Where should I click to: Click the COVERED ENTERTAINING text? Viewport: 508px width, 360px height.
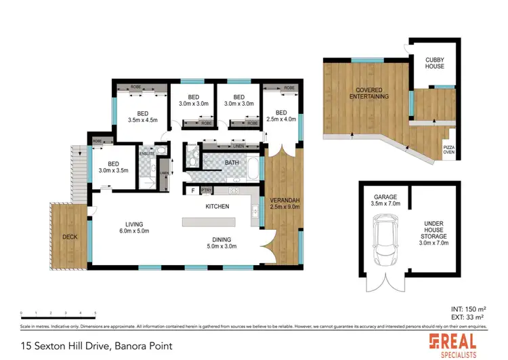coord(368,93)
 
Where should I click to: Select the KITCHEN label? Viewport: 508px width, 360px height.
coord(217,206)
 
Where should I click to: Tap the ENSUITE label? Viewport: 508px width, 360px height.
coord(147,155)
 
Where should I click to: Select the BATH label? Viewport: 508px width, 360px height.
coord(232,163)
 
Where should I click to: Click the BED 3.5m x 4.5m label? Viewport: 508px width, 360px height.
coord(142,117)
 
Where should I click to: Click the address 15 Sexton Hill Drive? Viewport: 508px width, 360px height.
coord(96,346)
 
